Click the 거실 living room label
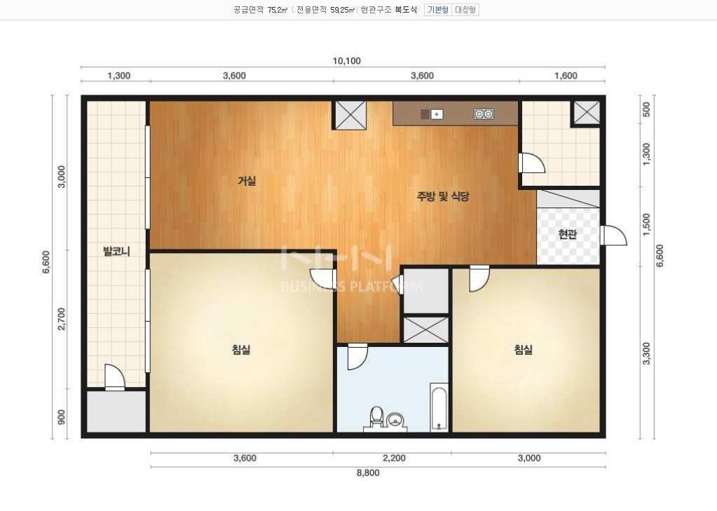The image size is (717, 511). coord(247,181)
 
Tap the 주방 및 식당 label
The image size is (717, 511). coord(443,197)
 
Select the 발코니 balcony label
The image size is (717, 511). coord(116,251)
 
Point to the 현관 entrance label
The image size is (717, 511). coord(568,234)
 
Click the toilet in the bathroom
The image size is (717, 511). coord(376,416)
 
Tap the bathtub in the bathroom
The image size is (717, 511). coord(439,407)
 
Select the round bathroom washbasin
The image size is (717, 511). coord(395,420)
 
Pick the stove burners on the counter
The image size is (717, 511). coord(484,114)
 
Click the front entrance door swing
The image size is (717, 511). coord(613,235)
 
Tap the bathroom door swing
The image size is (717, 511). coord(357,356)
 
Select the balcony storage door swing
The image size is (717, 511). coord(114,377)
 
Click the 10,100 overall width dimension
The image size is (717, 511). coord(347,61)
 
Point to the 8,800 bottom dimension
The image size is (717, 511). coord(368,472)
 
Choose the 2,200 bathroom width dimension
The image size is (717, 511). coord(394,458)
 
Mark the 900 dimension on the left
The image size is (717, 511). coord(61,417)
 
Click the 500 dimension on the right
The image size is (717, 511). coord(647,109)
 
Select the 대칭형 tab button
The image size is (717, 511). coord(465,10)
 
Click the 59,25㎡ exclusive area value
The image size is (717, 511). coord(342,10)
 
